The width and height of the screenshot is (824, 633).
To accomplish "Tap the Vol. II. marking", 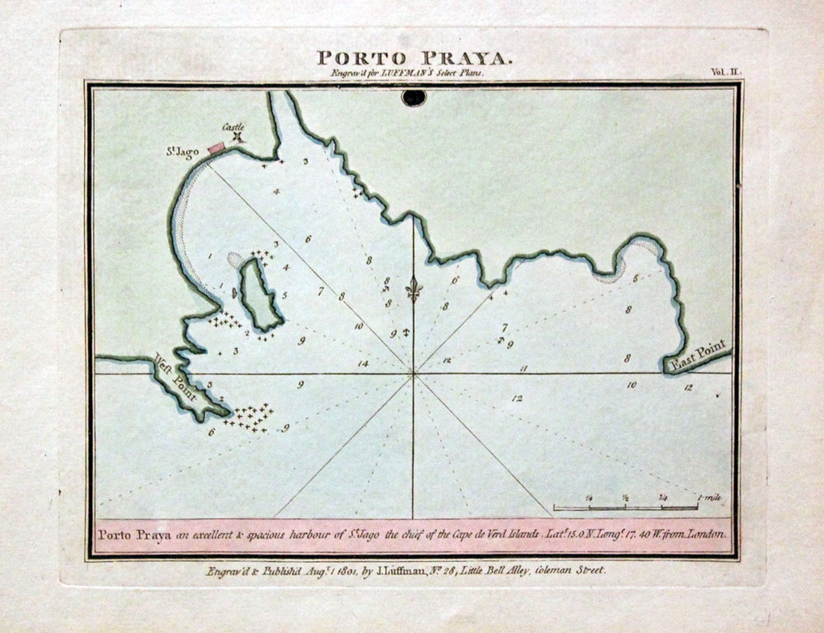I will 726,73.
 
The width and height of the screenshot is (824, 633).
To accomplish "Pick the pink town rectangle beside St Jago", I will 216,148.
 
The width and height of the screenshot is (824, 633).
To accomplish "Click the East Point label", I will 695,355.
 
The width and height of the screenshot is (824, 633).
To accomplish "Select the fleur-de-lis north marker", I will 414,289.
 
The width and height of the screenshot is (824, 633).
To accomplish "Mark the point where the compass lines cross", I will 413,373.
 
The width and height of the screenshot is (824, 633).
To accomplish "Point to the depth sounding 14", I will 363,362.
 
